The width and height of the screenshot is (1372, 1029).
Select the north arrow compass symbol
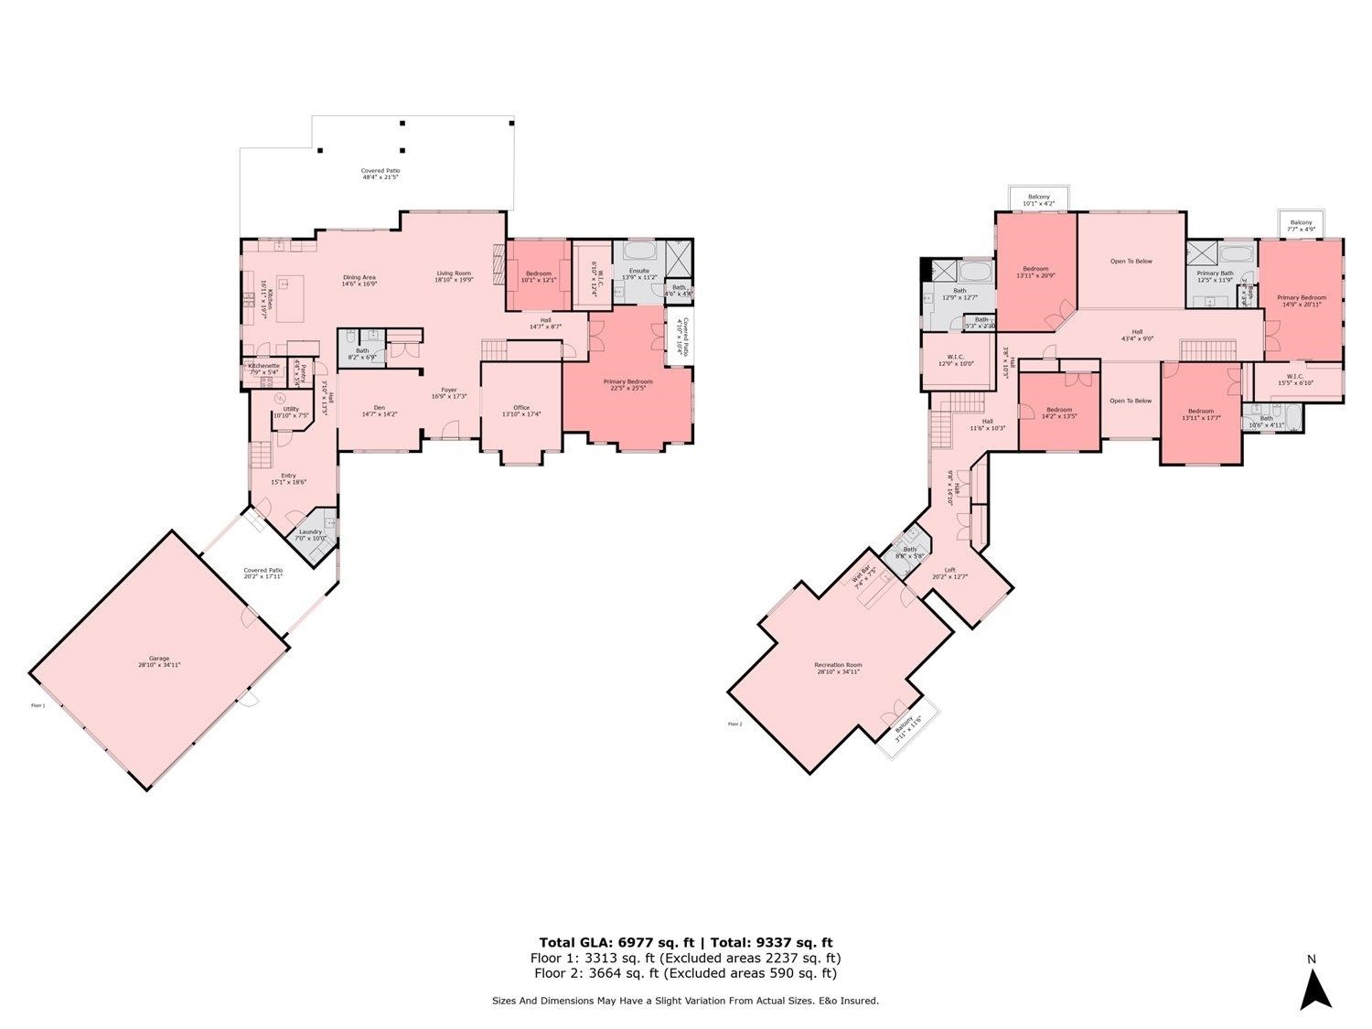(x=1315, y=988)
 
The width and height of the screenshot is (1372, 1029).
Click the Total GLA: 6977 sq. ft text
(x=617, y=942)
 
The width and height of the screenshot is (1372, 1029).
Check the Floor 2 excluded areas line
(x=685, y=973)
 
